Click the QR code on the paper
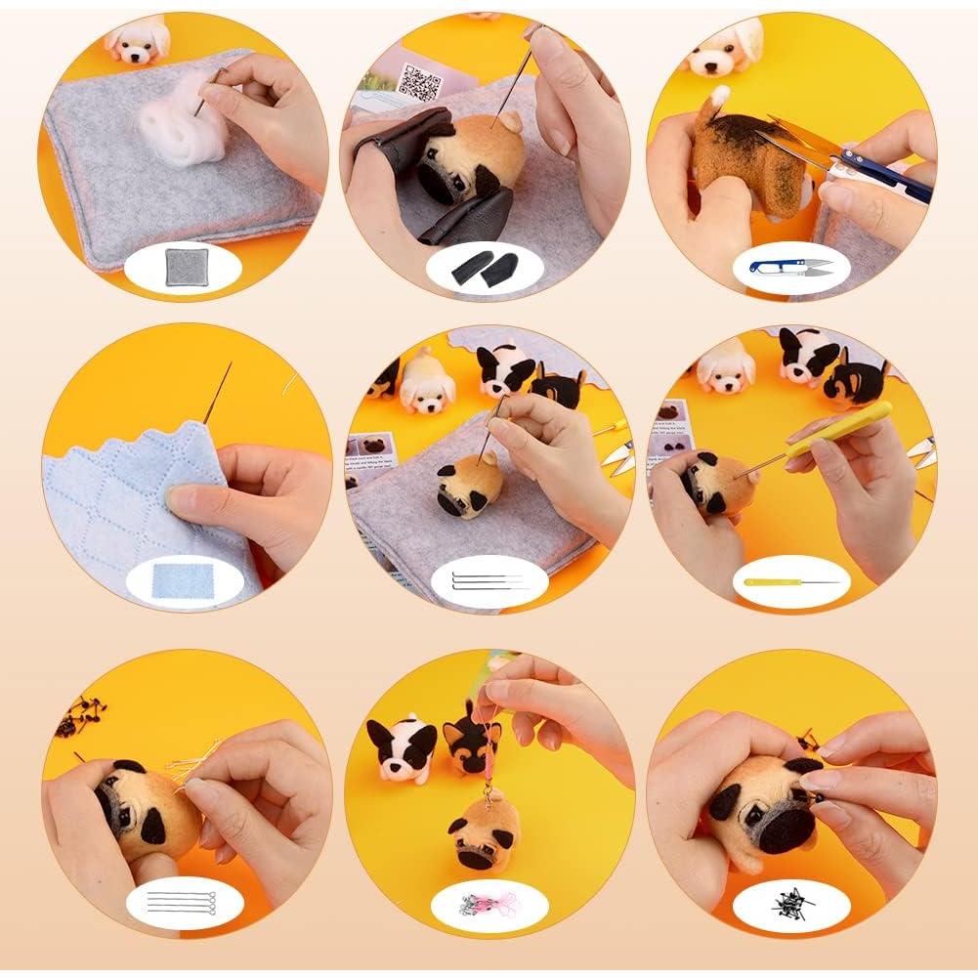422,81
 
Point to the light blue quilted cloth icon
179,581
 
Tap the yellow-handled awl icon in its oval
790,582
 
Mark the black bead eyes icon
790,899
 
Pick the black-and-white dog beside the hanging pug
401,747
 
